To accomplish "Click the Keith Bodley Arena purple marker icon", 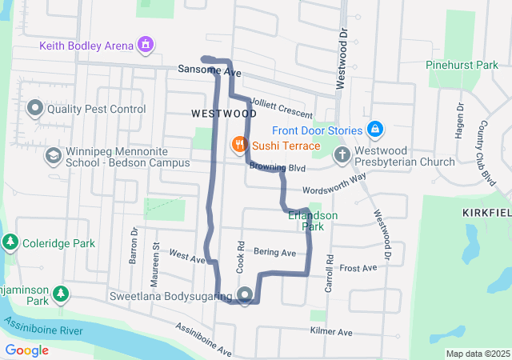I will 146,44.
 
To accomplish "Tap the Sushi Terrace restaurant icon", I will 238,146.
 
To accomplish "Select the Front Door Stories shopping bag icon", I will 375,130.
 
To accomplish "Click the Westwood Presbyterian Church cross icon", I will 342,154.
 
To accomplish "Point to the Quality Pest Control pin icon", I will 35,107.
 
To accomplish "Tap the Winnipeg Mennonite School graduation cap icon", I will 53,155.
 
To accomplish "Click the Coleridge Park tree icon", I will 10,242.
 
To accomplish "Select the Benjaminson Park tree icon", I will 61,295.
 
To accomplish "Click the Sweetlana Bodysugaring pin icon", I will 245,294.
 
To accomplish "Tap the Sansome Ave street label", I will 210,71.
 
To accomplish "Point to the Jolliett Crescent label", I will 281,107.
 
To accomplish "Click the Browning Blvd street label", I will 278,168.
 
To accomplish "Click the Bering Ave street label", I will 274,253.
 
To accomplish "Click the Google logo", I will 26,350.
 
